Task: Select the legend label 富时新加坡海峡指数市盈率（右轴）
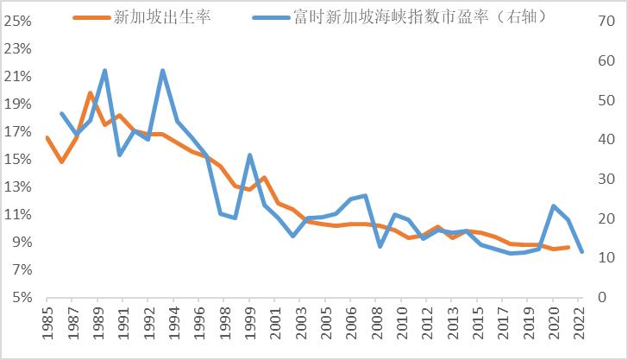coord(424,16)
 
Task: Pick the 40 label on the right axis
coord(602,139)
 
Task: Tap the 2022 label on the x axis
coord(582,329)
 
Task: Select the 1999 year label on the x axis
coord(249,329)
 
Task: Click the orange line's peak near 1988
coord(90,92)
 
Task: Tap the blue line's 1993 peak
coord(162,71)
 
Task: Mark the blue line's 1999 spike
coord(249,155)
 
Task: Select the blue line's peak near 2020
coord(553,205)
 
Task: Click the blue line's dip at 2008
coord(380,247)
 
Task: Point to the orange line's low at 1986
coord(61,161)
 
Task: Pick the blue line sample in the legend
coord(273,16)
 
